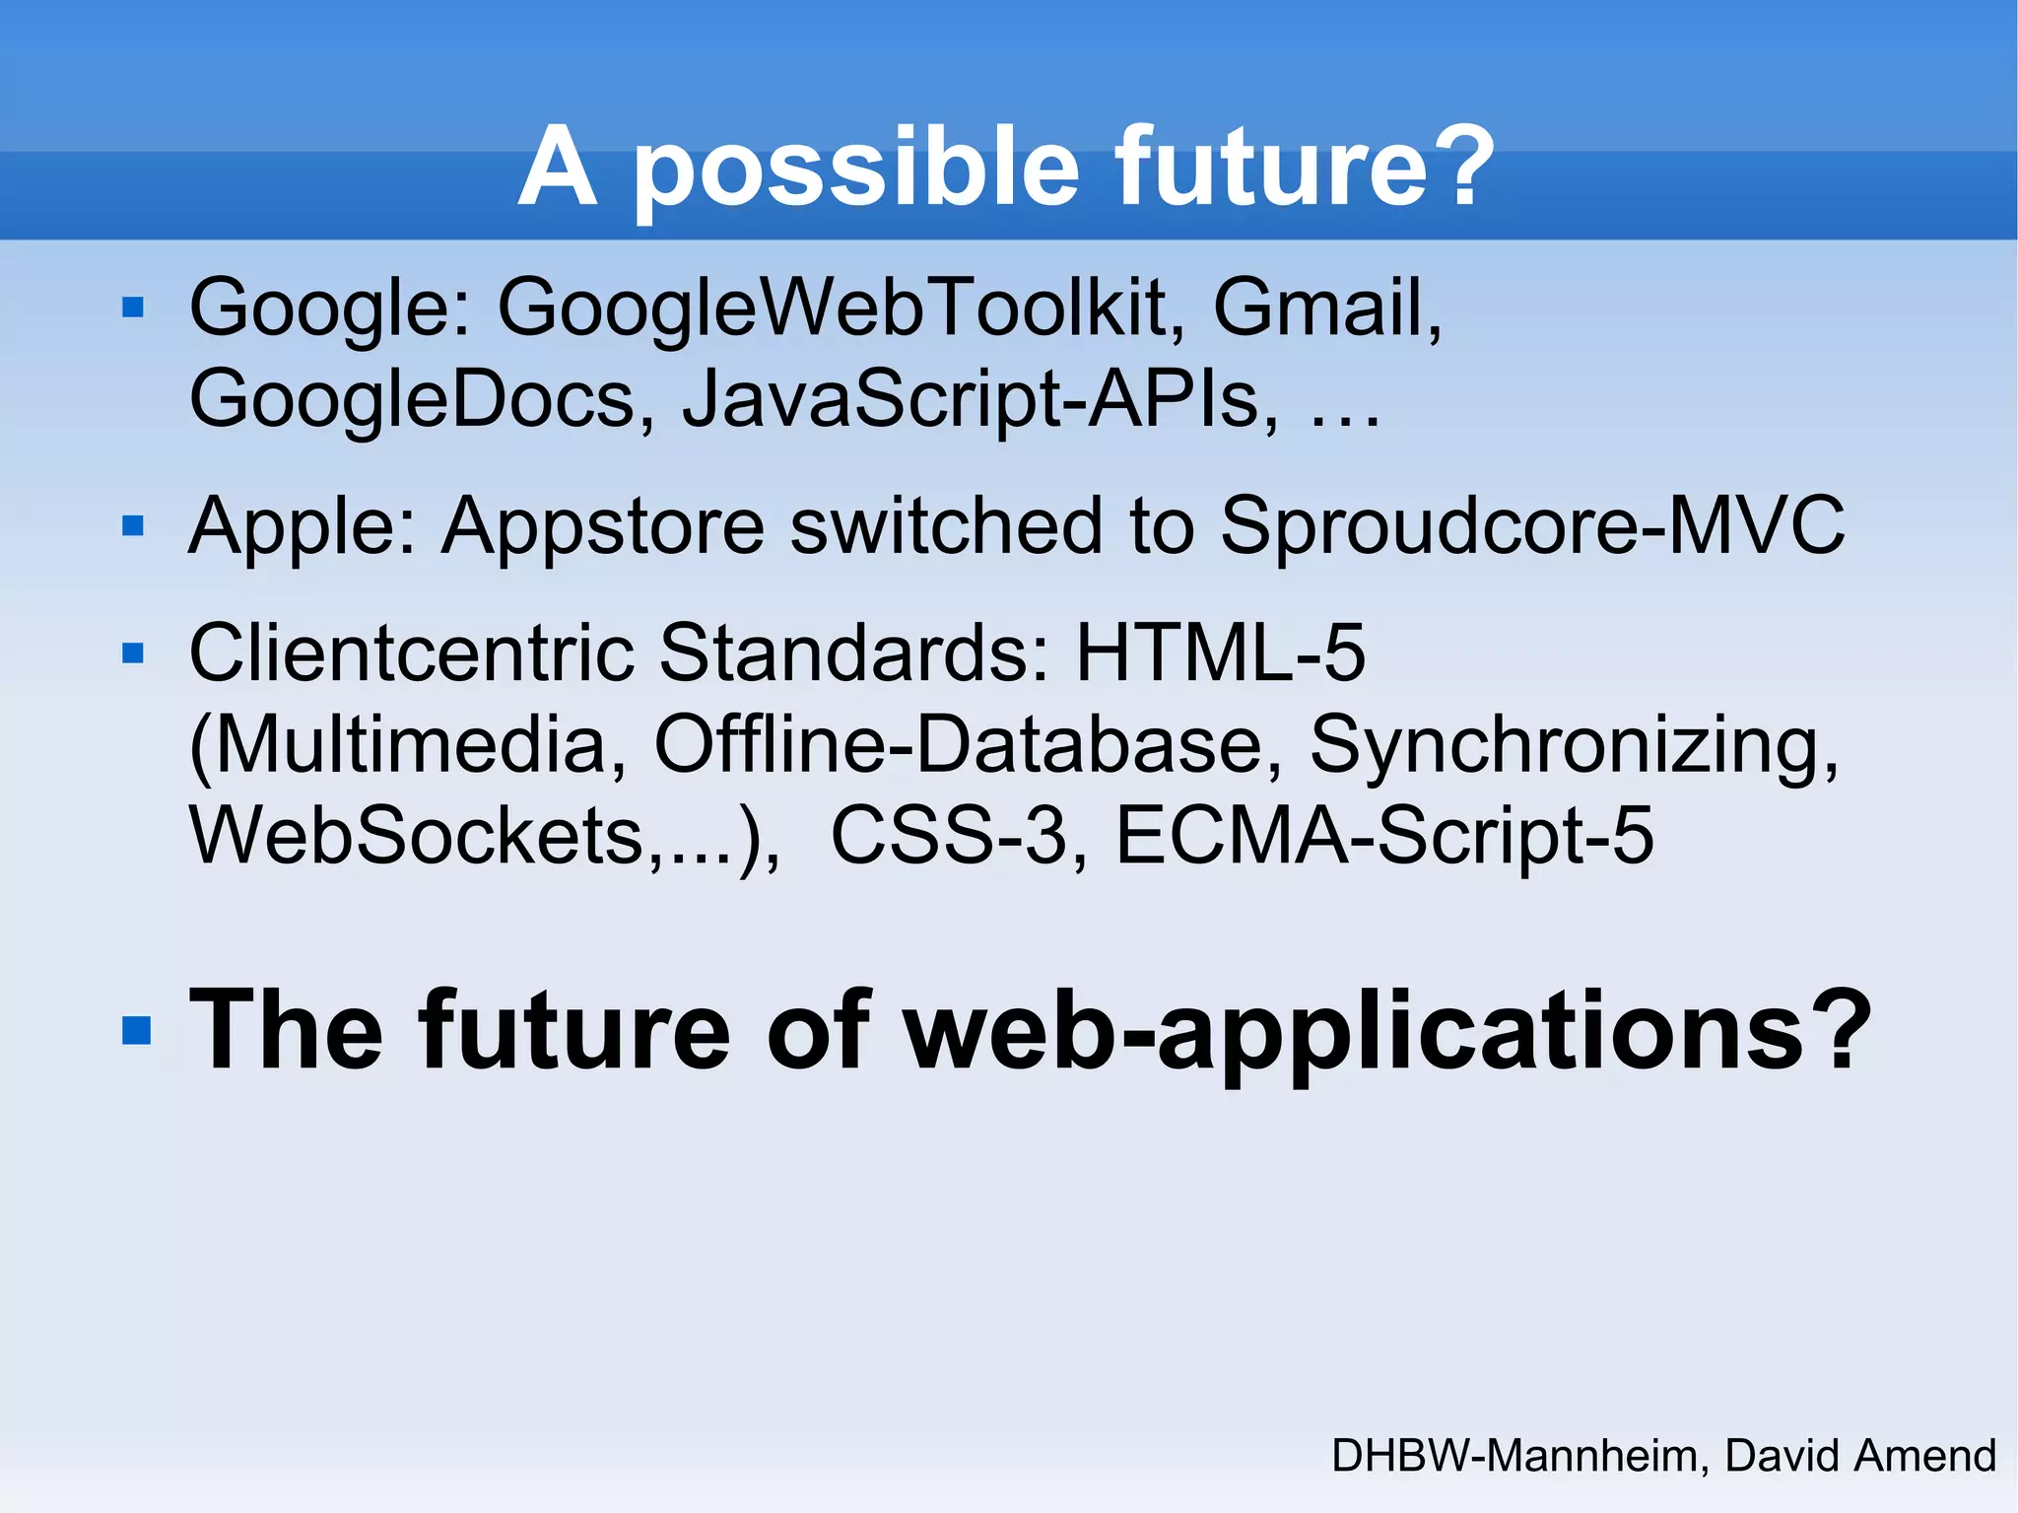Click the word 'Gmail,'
click(1326, 308)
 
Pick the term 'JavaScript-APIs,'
click(981, 398)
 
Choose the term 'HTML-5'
click(1220, 653)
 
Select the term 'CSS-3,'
click(960, 836)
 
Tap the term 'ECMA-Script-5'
click(1384, 836)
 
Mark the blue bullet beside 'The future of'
click(136, 1031)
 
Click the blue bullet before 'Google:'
click(133, 309)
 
